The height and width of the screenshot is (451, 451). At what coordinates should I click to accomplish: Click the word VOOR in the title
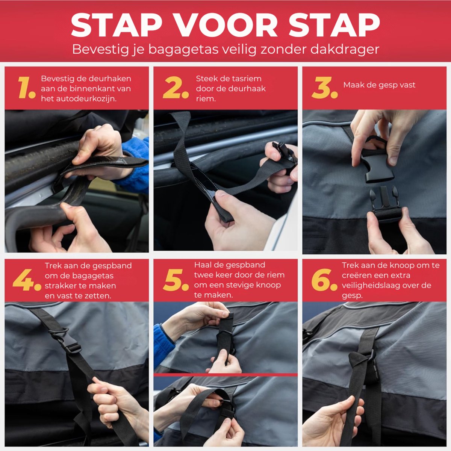point(226,25)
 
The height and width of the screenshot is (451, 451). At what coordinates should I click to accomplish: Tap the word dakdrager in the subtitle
point(345,49)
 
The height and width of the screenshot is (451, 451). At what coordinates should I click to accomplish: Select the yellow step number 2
point(176,88)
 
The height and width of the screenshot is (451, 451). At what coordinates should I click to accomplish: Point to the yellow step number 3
point(325,88)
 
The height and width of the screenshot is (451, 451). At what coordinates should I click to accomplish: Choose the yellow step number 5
point(176,280)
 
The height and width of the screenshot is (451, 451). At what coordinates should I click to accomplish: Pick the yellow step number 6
point(325,280)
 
